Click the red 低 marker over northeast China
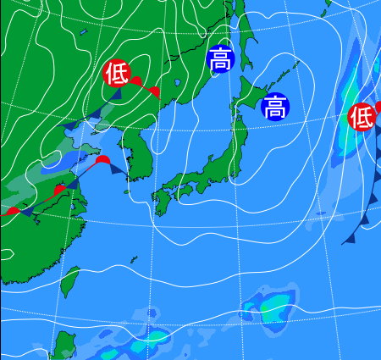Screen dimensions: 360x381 (x=115, y=74)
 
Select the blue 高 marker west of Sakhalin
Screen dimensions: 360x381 (x=219, y=60)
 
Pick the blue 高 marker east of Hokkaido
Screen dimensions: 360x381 (x=273, y=107)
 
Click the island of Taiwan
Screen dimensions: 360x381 (x=70, y=284)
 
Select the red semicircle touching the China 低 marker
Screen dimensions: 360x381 (x=135, y=80)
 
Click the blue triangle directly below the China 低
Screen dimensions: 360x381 (x=115, y=94)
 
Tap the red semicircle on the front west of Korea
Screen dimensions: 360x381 (x=102, y=159)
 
